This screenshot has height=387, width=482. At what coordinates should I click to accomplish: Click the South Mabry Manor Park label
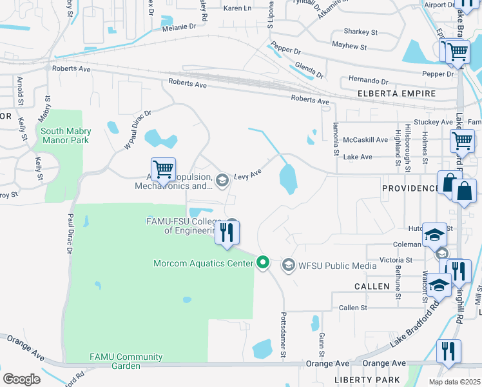66,136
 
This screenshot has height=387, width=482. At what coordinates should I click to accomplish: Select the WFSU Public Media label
329,264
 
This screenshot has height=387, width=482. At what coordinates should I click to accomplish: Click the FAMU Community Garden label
115,361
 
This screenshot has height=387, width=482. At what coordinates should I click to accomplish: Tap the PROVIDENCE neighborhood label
410,188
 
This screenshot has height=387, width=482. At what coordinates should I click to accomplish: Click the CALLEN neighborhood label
372,286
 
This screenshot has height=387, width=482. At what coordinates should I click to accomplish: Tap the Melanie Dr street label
179,26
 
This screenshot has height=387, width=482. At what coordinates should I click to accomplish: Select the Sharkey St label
361,32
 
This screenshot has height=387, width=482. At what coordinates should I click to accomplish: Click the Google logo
21,379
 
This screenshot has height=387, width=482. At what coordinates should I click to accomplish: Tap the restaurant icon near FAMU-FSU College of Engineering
227,232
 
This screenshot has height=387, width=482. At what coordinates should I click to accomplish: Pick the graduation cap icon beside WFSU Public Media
287,264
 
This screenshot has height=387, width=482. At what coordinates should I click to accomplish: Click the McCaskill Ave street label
366,139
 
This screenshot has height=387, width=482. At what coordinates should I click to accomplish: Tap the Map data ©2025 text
454,381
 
